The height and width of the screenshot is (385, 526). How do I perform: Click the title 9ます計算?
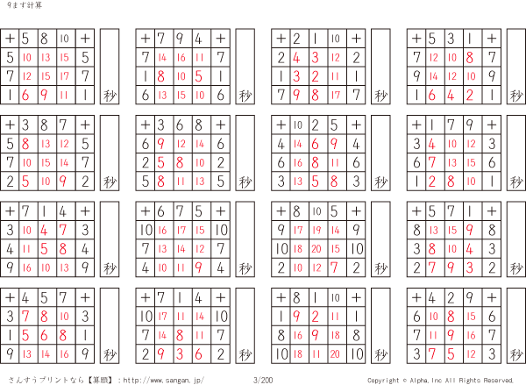coord(20,6)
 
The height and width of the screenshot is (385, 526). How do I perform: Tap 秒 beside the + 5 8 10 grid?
coord(110,95)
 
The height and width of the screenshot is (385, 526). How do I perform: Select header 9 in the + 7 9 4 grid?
coord(181,39)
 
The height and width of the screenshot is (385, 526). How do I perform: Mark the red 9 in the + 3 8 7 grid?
coord(65,181)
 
